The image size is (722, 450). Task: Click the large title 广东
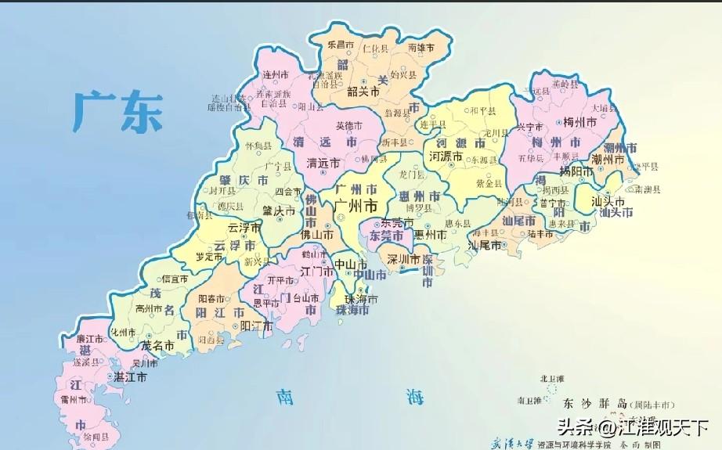117,111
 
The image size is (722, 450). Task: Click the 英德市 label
348,125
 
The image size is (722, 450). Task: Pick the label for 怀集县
257,146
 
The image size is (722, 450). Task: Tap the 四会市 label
288,190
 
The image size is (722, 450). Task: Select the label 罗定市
210,255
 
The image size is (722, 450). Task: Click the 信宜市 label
174,278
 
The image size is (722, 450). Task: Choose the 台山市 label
306,298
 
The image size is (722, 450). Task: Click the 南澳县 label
648,189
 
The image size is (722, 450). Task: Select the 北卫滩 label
552,379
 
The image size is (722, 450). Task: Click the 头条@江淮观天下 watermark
633,427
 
